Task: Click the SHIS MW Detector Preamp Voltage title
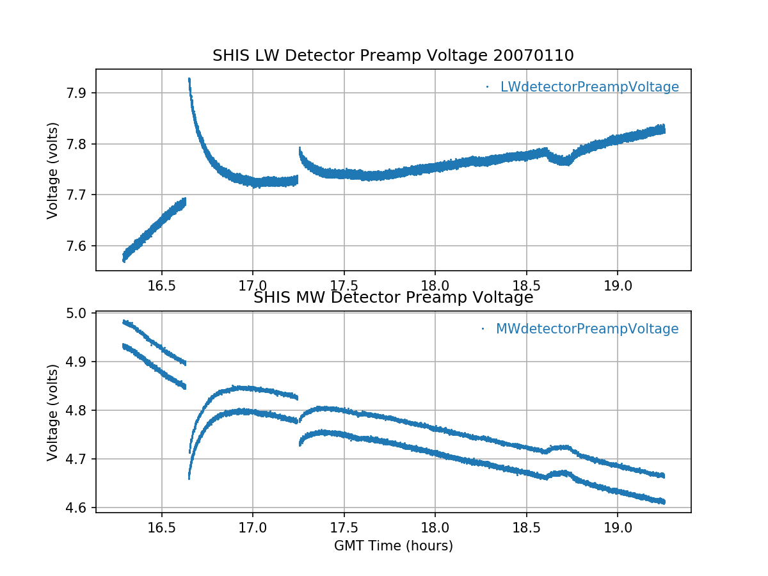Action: [393, 298]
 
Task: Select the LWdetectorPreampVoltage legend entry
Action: [589, 87]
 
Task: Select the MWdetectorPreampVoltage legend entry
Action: [587, 329]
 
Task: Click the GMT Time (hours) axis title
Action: [393, 546]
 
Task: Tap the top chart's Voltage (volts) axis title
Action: [53, 170]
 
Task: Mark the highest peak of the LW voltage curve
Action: [189, 79]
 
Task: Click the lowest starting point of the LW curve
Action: [124, 260]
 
